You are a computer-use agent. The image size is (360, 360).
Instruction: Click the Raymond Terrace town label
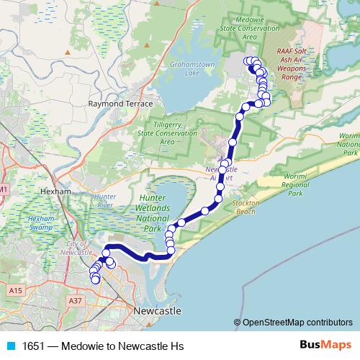120,104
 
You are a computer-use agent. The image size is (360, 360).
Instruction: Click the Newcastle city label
157,310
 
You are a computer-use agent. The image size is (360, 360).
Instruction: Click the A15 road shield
17,289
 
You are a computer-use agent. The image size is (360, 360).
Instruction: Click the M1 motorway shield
4,189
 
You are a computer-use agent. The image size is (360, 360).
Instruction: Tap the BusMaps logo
325,346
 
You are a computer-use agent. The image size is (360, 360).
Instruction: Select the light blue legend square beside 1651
10,346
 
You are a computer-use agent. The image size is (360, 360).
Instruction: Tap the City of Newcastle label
75,248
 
